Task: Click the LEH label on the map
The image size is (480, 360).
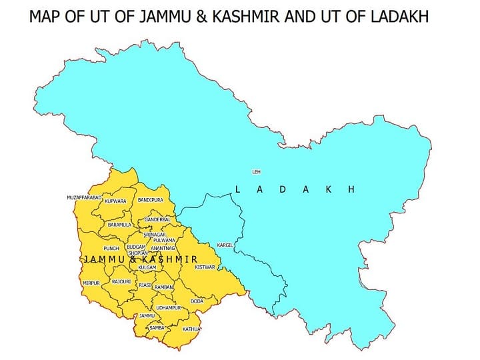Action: (257, 172)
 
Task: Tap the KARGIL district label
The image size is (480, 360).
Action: (226, 245)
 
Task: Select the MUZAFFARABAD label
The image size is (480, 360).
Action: (84, 198)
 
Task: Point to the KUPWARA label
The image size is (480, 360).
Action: (115, 201)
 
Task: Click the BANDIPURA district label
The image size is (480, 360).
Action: (151, 200)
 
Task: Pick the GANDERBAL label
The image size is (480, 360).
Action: (158, 219)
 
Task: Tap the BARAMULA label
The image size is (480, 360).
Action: (120, 225)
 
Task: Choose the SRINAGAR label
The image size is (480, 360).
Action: (154, 235)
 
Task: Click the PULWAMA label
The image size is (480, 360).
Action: (164, 240)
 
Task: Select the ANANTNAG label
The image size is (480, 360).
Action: (163, 248)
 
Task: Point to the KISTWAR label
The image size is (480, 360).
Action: (205, 267)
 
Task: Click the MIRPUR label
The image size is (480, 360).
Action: (91, 283)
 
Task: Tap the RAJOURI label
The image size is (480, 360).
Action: (121, 283)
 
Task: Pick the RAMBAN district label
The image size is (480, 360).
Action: (163, 287)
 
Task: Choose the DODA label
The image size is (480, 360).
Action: (197, 301)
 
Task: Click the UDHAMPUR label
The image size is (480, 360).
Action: (167, 308)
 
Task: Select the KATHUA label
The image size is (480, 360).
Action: (192, 329)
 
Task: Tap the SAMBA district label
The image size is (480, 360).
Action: (157, 328)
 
